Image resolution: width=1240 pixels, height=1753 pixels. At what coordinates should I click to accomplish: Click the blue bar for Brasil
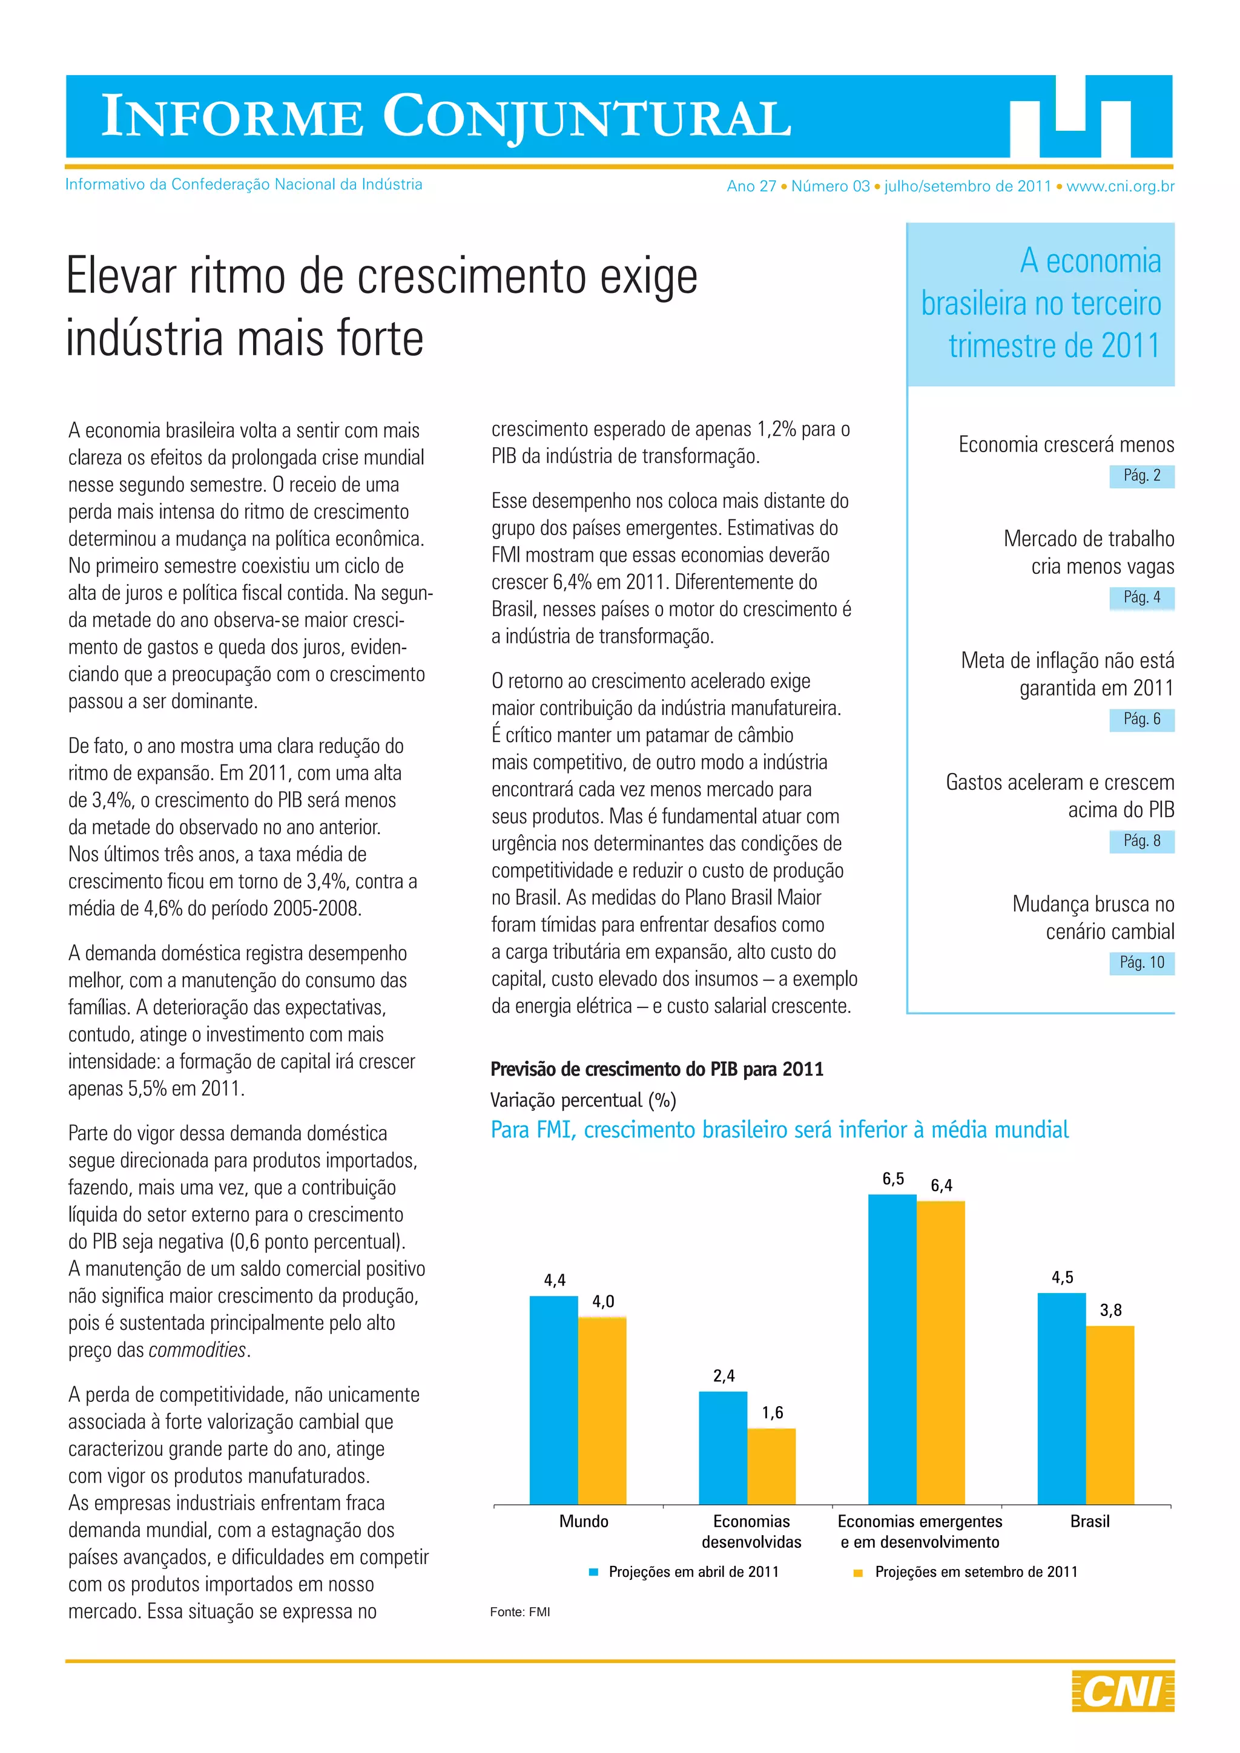(1061, 1399)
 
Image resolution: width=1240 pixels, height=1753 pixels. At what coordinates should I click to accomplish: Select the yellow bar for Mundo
(602, 1411)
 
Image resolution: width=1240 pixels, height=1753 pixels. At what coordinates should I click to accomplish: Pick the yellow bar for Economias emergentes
(941, 1353)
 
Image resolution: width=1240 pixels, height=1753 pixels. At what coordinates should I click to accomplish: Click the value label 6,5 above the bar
(892, 1179)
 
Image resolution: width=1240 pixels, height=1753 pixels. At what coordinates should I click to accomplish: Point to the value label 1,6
(772, 1412)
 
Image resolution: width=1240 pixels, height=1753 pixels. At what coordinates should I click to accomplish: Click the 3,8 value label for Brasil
(1110, 1310)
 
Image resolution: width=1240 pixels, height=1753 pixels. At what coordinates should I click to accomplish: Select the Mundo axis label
(584, 1522)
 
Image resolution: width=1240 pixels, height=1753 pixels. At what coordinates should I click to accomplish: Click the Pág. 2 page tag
(1141, 476)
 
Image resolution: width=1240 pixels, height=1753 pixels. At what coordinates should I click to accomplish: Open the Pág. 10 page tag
(1141, 963)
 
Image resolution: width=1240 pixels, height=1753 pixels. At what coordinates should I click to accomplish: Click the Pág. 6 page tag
(1141, 719)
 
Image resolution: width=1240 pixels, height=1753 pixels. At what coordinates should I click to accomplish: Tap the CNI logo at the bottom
(1123, 1691)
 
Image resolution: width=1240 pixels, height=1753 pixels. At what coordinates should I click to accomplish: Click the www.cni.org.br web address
(1120, 186)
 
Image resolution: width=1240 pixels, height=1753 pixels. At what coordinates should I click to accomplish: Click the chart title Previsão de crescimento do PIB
(657, 1069)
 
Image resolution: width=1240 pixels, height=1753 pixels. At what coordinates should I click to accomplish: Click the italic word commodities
(199, 1350)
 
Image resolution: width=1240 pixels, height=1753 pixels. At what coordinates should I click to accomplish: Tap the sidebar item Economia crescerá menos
(1066, 444)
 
